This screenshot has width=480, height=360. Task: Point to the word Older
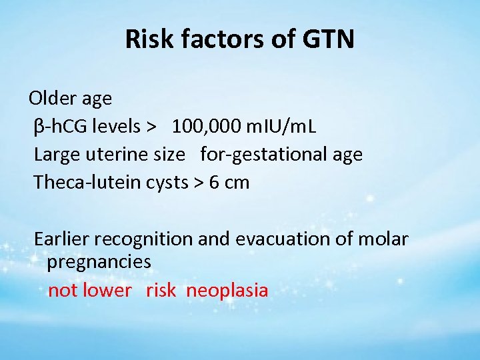(52, 99)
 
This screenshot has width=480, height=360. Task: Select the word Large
(56, 155)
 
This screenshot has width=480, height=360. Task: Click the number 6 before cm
(214, 182)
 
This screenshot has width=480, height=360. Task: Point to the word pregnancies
(99, 263)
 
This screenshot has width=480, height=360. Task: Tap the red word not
(62, 291)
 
